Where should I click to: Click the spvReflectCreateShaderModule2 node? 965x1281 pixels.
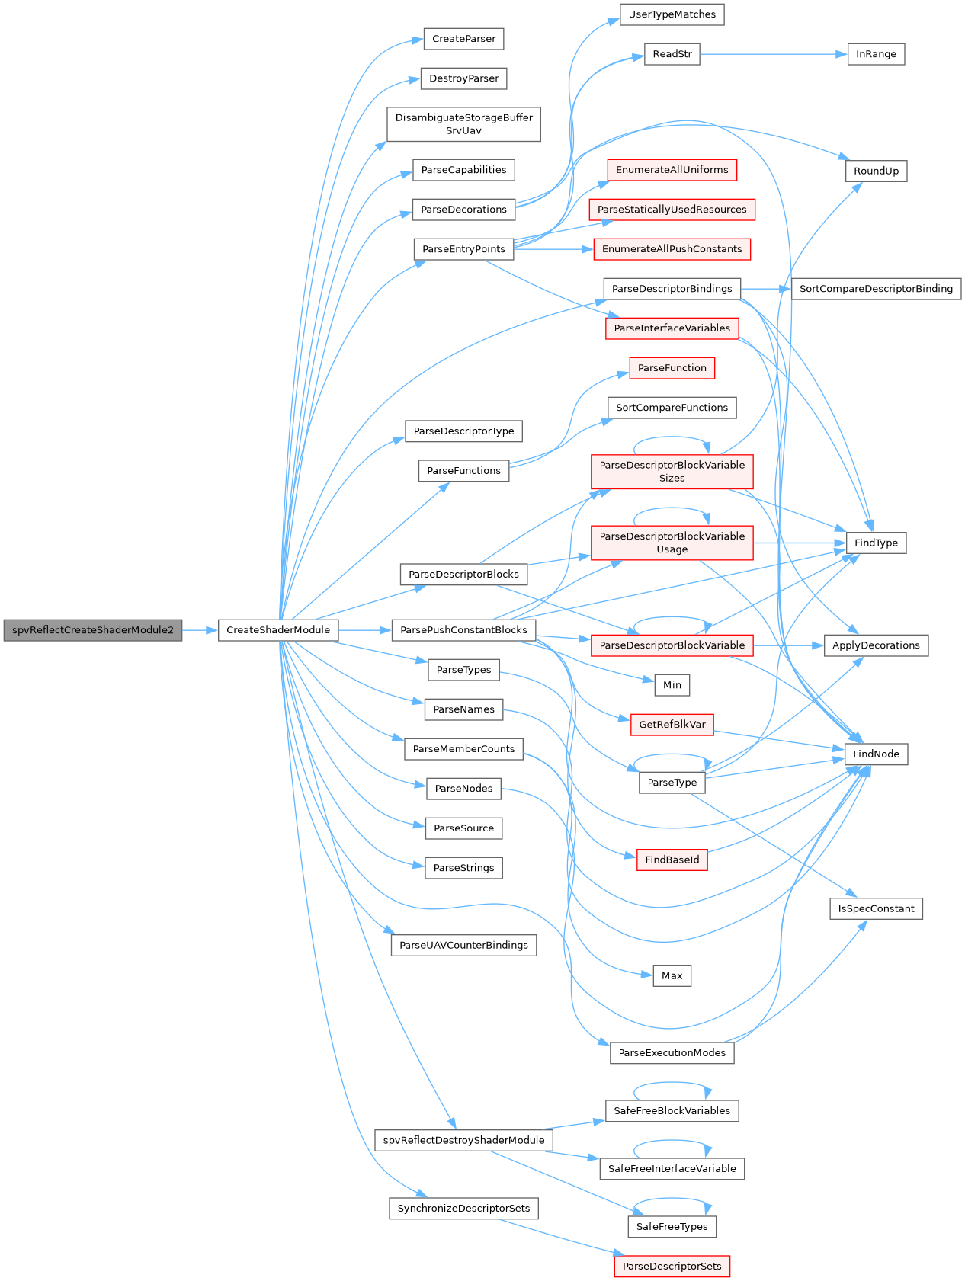pos(93,630)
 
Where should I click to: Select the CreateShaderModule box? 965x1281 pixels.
pos(278,630)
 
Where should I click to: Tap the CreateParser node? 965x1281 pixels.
pos(463,39)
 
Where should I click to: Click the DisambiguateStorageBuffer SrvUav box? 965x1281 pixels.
pos(463,124)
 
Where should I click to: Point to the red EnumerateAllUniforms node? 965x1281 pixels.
pos(672,170)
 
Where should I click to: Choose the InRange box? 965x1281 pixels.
pos(876,54)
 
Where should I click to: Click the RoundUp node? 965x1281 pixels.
pos(876,171)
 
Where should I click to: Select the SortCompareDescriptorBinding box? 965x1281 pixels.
pos(876,289)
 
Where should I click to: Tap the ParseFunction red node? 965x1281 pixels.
pos(672,368)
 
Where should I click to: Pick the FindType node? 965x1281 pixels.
pos(876,543)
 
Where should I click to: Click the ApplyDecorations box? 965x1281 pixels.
pos(876,645)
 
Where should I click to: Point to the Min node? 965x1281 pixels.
pos(672,685)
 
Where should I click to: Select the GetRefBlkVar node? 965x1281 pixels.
pos(672,724)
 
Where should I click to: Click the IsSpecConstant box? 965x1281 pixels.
pos(876,908)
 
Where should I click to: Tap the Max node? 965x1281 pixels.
pos(672,975)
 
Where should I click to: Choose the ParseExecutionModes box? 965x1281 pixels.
pos(672,1053)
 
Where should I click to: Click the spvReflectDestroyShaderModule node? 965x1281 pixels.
pos(463,1140)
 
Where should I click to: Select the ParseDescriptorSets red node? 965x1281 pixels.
pos(672,1267)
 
